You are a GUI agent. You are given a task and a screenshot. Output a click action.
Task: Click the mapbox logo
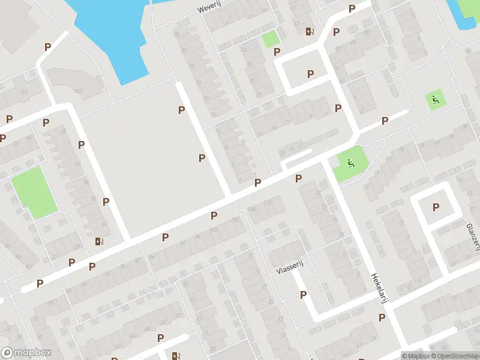click(26, 353)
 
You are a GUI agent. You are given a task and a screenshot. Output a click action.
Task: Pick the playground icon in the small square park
click(435, 99)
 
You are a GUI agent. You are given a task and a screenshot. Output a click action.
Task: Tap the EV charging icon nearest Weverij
click(309, 31)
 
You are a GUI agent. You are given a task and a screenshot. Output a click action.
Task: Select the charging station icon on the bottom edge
click(175, 356)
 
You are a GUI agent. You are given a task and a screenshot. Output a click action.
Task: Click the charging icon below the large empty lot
click(99, 242)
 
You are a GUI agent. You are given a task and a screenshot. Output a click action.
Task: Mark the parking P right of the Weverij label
click(352, 8)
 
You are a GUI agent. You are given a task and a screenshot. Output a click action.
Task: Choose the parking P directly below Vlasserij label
click(304, 295)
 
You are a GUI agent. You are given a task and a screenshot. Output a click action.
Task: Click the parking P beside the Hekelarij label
click(382, 317)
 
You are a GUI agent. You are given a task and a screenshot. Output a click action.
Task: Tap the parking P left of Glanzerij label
click(436, 207)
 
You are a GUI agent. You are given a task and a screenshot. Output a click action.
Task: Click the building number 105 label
click(77, 91)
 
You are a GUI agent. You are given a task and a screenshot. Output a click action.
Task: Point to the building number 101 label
click(25, 92)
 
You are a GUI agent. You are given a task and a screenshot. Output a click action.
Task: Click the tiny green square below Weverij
click(271, 40)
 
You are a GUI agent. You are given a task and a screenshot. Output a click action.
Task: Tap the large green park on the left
click(34, 192)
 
